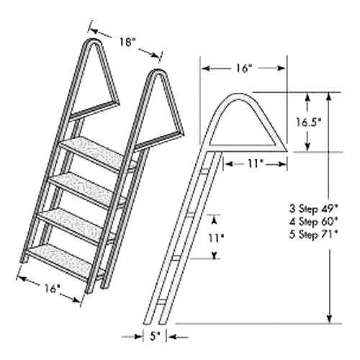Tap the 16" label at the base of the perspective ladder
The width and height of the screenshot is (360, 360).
click(50, 288)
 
